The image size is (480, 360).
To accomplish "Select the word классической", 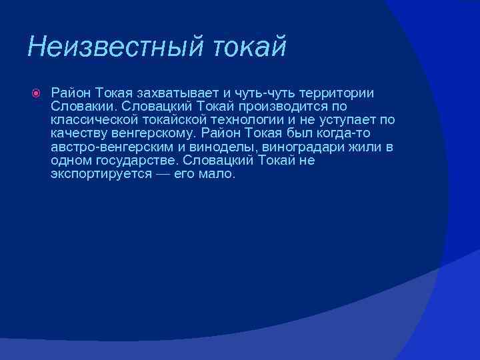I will tap(93, 120).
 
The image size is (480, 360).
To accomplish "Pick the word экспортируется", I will tap(101, 175).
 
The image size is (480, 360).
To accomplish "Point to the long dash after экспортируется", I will tap(162, 175).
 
